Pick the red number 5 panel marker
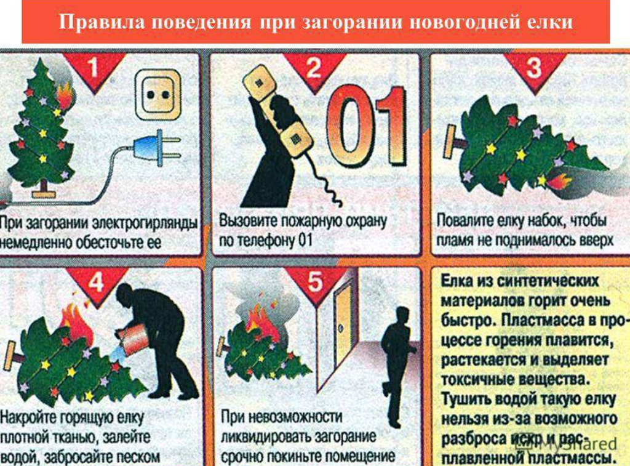pyautogui.click(x=316, y=284)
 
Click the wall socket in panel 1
pyautogui.click(x=158, y=95)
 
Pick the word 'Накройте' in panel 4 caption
pyautogui.click(x=28, y=418)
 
